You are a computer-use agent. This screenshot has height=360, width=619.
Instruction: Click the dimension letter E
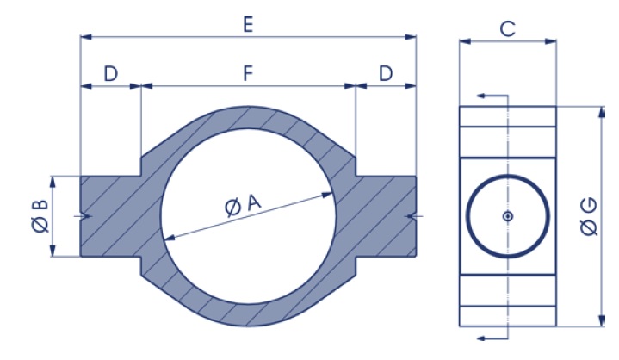point(248,24)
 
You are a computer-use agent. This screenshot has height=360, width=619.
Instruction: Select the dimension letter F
point(248,73)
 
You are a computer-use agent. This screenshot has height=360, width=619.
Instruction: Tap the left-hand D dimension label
point(110,73)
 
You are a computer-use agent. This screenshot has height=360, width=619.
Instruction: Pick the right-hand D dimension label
point(386,73)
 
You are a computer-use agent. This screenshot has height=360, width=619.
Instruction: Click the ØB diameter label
point(40,216)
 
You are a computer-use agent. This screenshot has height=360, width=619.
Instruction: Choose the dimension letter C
point(508,28)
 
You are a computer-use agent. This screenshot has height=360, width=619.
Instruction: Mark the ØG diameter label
point(590,217)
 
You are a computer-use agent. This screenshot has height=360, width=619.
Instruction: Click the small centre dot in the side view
point(508,216)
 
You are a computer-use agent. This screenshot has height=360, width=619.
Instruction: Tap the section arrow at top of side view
point(492,96)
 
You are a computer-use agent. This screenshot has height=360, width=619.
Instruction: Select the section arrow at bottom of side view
point(492,338)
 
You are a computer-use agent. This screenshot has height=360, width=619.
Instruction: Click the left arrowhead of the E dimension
point(86,37)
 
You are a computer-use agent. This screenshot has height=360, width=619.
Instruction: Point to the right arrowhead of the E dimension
point(411,37)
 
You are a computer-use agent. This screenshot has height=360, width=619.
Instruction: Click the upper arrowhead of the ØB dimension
point(53,183)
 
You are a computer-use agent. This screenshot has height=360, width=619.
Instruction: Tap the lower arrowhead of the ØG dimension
point(602,320)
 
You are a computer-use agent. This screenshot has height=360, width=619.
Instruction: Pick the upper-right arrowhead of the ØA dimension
point(326,195)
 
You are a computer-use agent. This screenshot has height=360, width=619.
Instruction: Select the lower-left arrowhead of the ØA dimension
point(170,237)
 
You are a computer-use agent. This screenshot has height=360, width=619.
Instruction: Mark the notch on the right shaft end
point(412,216)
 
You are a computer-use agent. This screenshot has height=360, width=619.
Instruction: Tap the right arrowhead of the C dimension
point(551,41)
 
